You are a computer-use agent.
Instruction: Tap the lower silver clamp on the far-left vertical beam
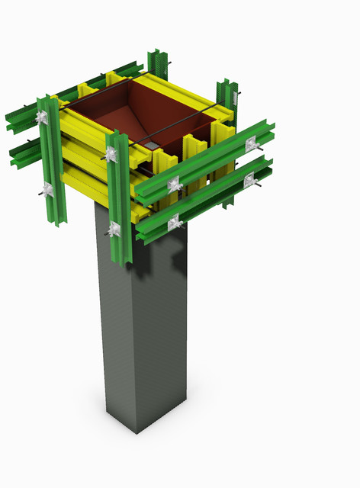pos(47,188)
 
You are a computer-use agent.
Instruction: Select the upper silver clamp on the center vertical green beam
pos(111,155)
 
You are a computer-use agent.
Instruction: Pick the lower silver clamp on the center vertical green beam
pos(115,228)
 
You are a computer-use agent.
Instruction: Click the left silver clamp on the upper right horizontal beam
pos(175,185)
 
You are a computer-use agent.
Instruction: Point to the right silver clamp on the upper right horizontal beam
pos(251,145)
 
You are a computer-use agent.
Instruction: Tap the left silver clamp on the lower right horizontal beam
pos(175,223)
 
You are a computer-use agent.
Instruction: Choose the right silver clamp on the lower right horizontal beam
pos(249,180)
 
